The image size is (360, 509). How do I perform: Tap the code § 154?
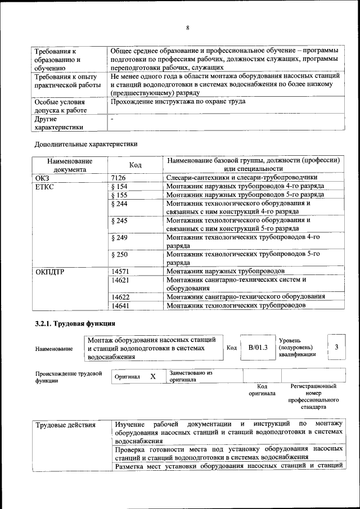tap(120, 186)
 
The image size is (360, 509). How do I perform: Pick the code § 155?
tap(120, 195)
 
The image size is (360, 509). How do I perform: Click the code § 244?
tap(120, 203)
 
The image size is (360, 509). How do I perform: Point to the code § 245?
tap(120, 220)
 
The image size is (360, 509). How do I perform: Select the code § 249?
tap(120, 238)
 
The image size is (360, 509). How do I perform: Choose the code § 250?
tap(120, 255)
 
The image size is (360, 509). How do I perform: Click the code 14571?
tap(121, 271)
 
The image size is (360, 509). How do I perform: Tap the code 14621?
tap(121, 280)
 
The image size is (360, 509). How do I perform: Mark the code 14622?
tap(121, 296)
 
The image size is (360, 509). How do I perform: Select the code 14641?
tap(121, 305)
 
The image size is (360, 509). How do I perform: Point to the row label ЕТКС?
tap(45, 186)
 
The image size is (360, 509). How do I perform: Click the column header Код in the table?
tap(136, 165)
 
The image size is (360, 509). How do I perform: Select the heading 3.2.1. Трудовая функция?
tap(75, 323)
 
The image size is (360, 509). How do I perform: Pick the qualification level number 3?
tap(336, 347)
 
